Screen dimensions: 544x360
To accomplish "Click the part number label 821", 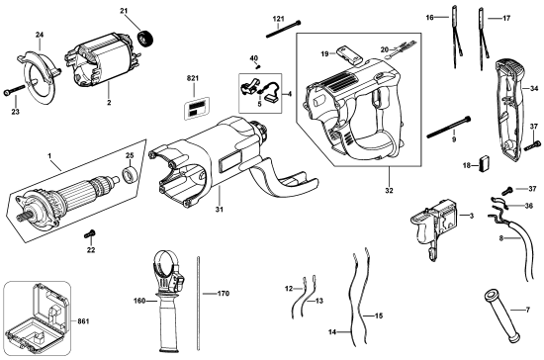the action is pyautogui.click(x=193, y=78).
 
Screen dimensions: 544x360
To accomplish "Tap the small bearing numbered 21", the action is pyautogui.click(x=145, y=39).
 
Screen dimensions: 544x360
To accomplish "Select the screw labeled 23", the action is pyautogui.click(x=14, y=90).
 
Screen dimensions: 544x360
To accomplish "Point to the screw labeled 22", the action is pyautogui.click(x=90, y=234).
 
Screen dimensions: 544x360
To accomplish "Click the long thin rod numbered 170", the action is pyautogui.click(x=198, y=303).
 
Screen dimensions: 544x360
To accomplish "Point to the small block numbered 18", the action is pyautogui.click(x=485, y=164).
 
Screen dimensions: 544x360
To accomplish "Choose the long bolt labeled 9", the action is pyautogui.click(x=449, y=127).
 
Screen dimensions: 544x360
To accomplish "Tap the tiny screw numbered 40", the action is pyautogui.click(x=258, y=65).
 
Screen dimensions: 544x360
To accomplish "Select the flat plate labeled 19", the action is pyautogui.click(x=349, y=54).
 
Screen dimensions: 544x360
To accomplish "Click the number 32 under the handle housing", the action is pyautogui.click(x=389, y=191).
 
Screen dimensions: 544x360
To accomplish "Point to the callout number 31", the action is pyautogui.click(x=219, y=210).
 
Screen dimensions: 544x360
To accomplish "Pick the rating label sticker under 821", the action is pyautogui.click(x=197, y=108).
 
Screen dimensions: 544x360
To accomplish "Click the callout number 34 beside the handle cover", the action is pyautogui.click(x=534, y=89).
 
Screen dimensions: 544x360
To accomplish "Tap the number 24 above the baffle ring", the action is pyautogui.click(x=40, y=35).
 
